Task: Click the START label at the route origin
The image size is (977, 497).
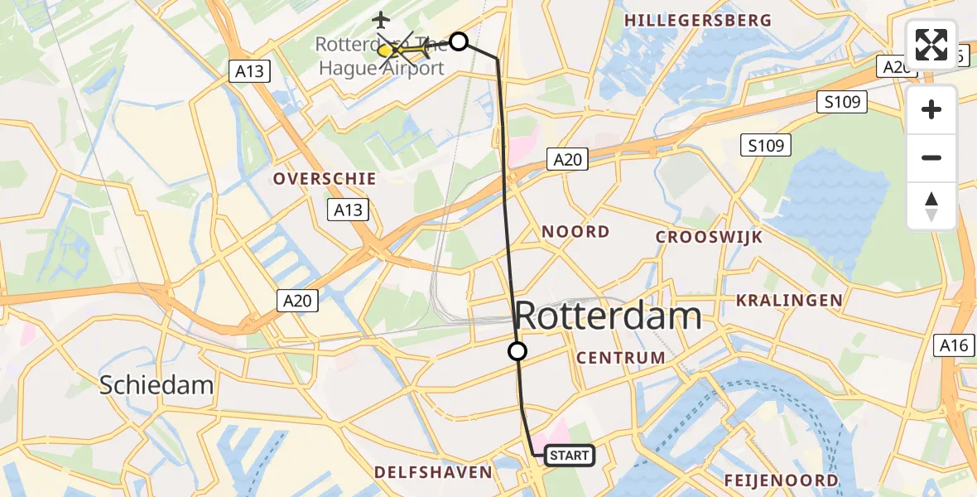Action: coord(570,455)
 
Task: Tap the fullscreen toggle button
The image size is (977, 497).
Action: coord(931,44)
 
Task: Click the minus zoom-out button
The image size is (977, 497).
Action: coord(931,157)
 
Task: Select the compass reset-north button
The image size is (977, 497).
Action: coord(931,206)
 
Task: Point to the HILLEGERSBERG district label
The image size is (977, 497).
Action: coord(697,21)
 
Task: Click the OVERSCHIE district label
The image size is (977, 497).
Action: coord(325,179)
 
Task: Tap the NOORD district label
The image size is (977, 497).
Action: coord(575,232)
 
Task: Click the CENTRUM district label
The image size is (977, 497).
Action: coord(621,358)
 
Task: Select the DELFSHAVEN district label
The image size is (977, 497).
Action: coord(432,472)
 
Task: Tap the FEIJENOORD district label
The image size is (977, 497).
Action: coord(781,480)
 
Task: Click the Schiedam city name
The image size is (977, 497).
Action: coord(156,384)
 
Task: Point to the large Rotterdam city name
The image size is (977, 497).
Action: coord(609,316)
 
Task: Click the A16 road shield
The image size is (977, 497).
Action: coord(955,345)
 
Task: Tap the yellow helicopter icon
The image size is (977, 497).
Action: coord(405,51)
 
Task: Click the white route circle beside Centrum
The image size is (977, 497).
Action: coord(517,351)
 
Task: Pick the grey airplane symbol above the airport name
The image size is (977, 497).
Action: coord(380,19)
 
